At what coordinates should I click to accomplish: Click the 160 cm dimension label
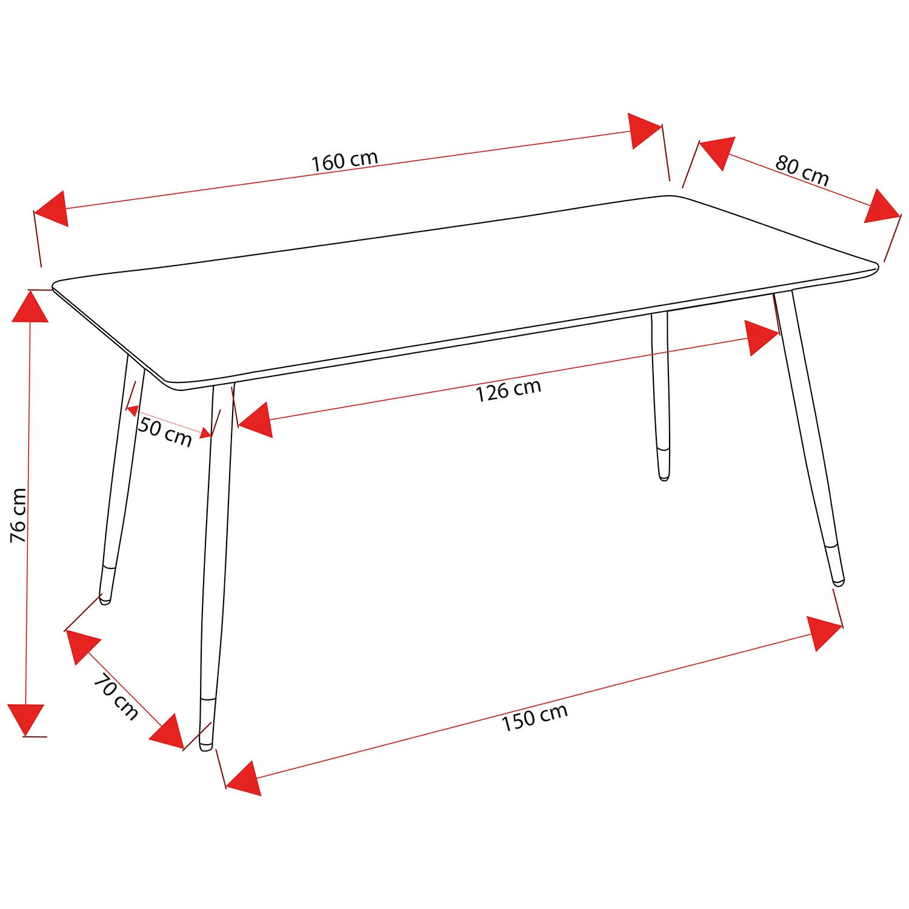(345, 161)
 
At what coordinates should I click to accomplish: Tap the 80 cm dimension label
(802, 171)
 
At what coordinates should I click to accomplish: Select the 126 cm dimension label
(508, 391)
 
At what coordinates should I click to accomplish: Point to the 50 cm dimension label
(165, 431)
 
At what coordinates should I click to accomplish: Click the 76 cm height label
(19, 515)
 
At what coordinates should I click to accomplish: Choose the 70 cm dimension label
(116, 697)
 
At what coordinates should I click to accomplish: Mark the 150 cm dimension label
(534, 718)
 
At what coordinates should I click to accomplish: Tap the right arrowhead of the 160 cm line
(644, 131)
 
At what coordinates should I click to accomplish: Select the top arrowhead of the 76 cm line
(30, 307)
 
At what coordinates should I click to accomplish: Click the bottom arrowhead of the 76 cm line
(26, 720)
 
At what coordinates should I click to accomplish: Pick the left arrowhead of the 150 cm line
(244, 778)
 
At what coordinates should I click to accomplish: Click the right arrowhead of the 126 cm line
(762, 338)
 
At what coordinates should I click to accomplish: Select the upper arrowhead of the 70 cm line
(83, 647)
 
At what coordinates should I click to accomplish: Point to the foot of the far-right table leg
(839, 582)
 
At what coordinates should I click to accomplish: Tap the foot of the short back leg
(664, 478)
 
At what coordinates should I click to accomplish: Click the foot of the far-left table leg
(105, 601)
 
